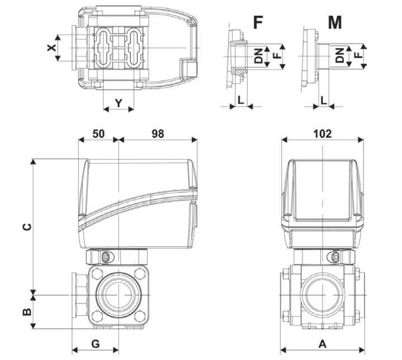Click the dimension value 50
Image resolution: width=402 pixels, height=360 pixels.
(x=98, y=134)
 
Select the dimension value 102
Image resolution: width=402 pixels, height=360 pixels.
(x=322, y=134)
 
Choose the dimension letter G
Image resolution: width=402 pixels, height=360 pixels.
(x=96, y=342)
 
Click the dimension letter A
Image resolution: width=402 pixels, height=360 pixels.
(x=322, y=342)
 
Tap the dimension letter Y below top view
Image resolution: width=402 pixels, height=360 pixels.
(x=119, y=102)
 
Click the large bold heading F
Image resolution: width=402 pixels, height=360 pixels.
(x=258, y=23)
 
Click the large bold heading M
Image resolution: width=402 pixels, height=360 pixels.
(x=334, y=23)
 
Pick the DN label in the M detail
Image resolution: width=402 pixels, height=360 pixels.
(x=340, y=56)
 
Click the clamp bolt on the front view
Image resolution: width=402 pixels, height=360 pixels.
(x=106, y=257)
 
